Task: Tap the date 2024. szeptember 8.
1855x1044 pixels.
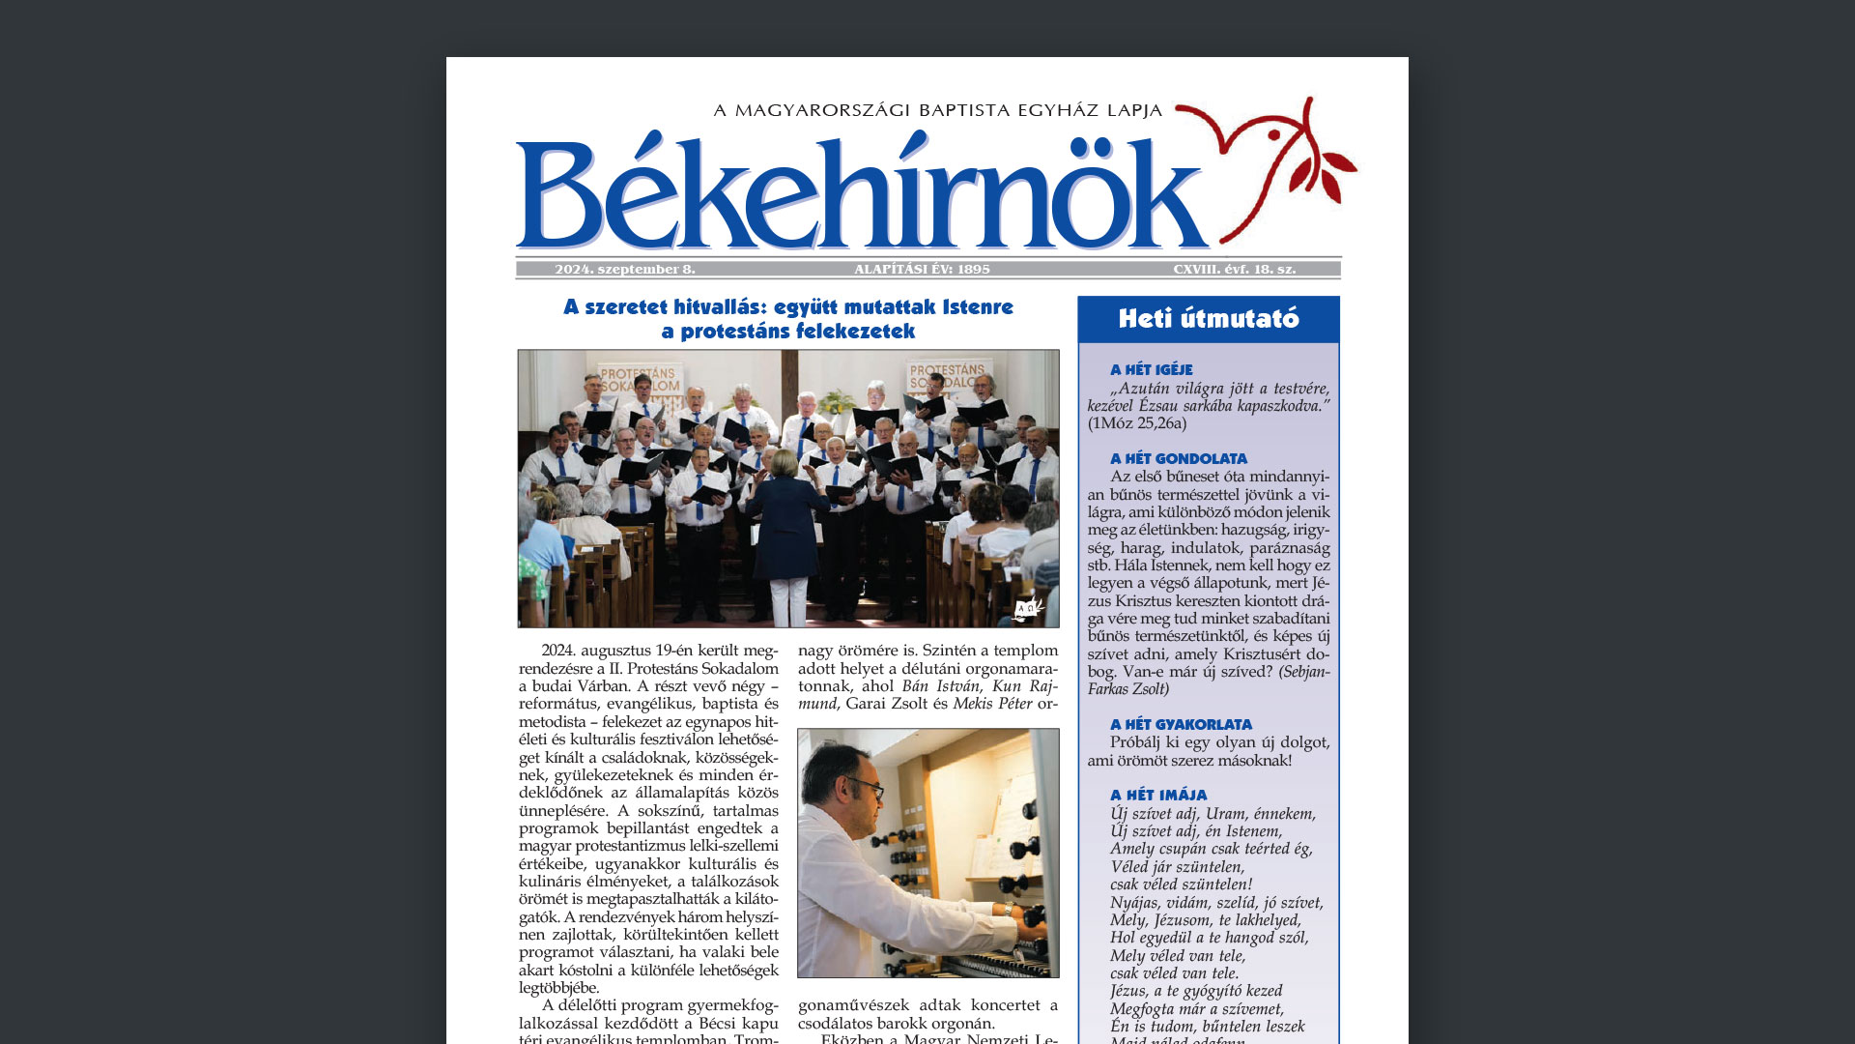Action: point(625,270)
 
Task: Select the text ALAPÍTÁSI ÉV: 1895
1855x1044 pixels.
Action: point(922,270)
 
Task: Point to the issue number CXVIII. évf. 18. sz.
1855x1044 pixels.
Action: point(1234,270)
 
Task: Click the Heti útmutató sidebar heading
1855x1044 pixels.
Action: point(1209,319)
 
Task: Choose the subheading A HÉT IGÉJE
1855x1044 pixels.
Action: point(1151,369)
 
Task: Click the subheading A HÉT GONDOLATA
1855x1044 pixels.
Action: point(1178,458)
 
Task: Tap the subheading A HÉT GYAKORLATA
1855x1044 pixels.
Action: point(1181,724)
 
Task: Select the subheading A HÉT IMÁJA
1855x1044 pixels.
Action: point(1157,795)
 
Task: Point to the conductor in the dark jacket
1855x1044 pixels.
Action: point(785,522)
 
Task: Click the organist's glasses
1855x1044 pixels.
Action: point(864,787)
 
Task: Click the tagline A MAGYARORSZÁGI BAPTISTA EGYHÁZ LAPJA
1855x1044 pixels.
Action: point(937,111)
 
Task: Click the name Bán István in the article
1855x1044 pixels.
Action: point(939,686)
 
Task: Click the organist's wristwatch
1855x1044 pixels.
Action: point(1007,909)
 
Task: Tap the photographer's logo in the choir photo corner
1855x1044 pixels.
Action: point(1027,609)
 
